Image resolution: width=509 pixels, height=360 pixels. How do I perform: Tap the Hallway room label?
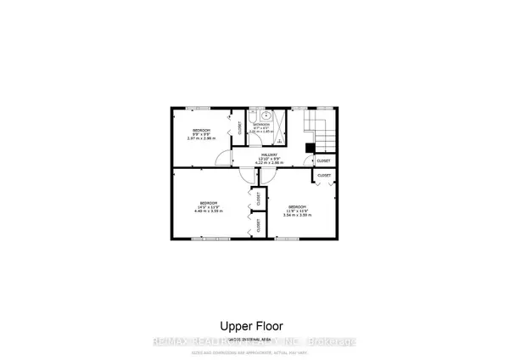point(271,156)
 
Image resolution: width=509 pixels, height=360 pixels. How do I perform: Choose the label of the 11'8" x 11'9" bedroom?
point(299,208)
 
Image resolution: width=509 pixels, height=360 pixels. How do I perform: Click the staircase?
point(320,131)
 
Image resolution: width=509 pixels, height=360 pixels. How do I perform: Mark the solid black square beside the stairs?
point(310,147)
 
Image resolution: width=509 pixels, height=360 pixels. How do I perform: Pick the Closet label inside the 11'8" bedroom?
point(324,176)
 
